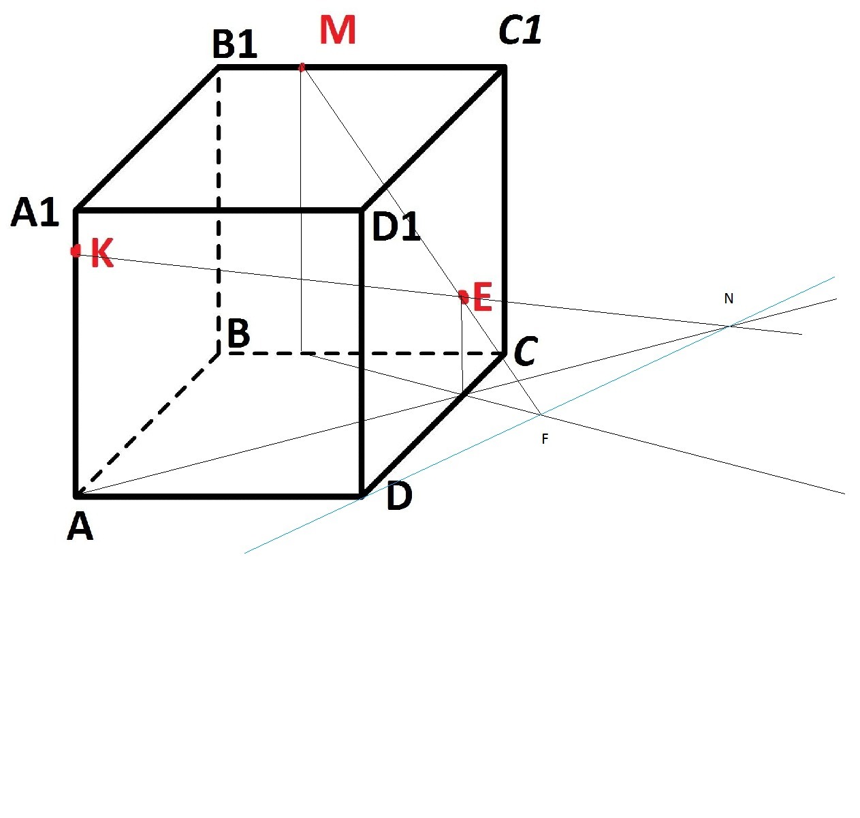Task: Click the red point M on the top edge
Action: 302,67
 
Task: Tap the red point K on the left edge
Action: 75,251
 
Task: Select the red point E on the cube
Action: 464,297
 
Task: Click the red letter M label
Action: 338,31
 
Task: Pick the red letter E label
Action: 482,299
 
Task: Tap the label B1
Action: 235,45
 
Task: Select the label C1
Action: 520,31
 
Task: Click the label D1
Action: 396,227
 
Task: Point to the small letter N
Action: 729,299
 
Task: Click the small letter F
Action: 545,440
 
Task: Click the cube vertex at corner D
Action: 362,495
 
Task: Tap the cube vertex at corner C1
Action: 504,67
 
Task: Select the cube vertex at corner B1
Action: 219,67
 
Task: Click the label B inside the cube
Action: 238,335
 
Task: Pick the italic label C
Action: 526,353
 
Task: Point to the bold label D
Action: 399,497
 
